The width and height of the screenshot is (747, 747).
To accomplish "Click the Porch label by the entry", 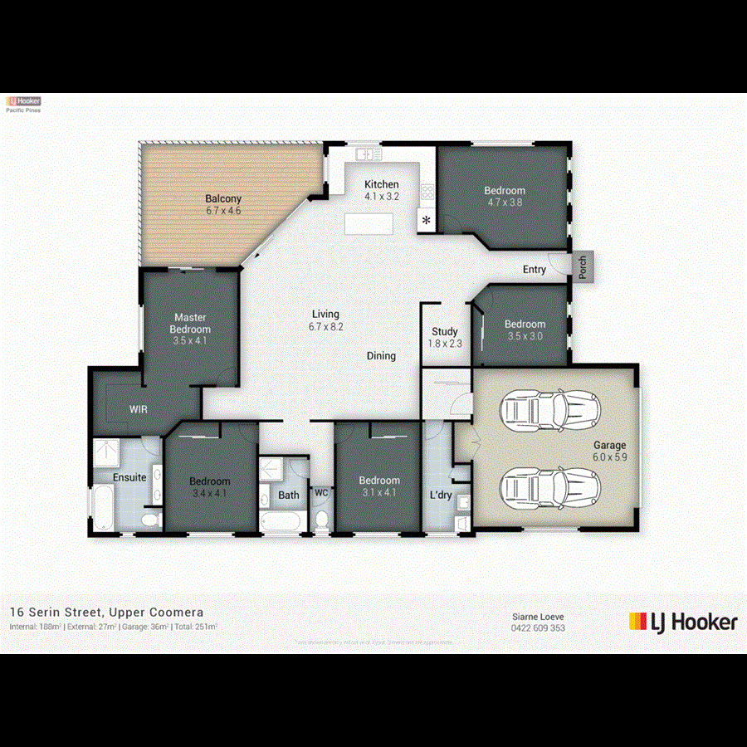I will pos(583,268).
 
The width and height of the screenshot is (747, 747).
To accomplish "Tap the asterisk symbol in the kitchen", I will pos(427,221).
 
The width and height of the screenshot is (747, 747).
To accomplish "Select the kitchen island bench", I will pos(370,224).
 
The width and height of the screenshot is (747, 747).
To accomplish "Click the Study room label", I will pos(445,332).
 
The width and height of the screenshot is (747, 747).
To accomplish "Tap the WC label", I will pos(321,493).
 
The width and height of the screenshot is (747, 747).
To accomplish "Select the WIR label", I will pos(139,409).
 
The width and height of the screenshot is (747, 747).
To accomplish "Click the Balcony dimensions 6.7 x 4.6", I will pos(223,211).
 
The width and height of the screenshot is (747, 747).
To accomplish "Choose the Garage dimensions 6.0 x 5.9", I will pos(610,457).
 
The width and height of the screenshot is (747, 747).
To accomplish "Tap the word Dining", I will pos(382,356).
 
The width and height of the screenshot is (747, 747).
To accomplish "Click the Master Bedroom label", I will pos(190,323).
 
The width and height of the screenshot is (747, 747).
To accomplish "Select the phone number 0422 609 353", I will pos(538,628).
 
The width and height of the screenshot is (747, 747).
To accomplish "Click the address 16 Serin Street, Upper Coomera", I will pos(106,612).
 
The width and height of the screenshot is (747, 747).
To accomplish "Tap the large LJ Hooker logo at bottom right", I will pos(682,622).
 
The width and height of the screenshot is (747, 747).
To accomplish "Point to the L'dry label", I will pos(440,496).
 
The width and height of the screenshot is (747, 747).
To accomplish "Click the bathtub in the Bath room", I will pos(281,522).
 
